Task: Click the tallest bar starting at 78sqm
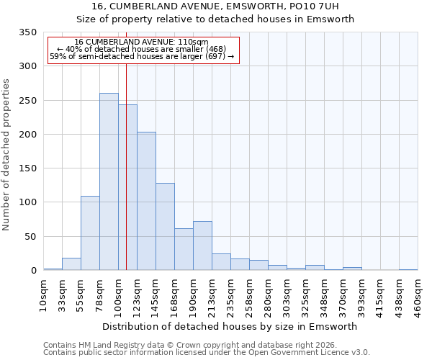[109, 181]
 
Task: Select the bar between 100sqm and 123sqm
[127, 187]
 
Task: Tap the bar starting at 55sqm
[90, 233]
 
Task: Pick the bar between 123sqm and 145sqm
[146, 201]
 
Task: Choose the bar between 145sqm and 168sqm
[165, 226]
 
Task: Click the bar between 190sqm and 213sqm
[202, 246]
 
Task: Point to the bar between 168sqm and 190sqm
[184, 249]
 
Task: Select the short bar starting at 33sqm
[71, 264]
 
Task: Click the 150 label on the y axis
[27, 168]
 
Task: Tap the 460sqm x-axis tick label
[418, 295]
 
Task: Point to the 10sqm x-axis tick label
[44, 295]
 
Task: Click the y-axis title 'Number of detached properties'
[6, 155]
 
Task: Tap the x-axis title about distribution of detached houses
[230, 326]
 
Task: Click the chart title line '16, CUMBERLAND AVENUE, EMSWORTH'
[215, 6]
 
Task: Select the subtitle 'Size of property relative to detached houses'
[215, 19]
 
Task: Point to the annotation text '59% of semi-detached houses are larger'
[142, 56]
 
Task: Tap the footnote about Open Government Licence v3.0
[207, 352]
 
